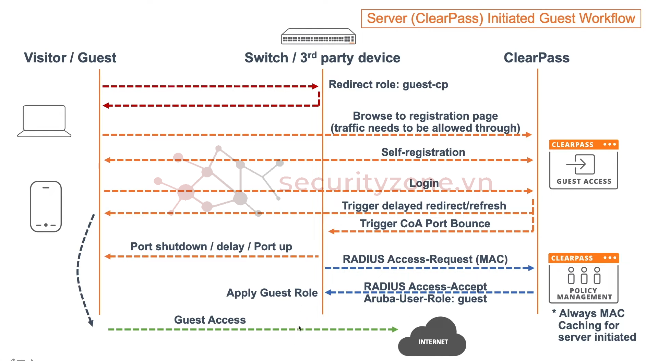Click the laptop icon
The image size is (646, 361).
(44, 121)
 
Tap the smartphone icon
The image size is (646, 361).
(46, 206)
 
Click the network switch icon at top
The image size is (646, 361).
(318, 36)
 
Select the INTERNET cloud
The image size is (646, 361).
(433, 338)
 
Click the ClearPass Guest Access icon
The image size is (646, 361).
(584, 165)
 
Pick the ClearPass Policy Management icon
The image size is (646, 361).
(584, 278)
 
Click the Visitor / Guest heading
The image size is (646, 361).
(70, 58)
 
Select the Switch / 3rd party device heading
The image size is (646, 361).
(322, 58)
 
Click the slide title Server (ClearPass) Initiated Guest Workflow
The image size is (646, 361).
(501, 19)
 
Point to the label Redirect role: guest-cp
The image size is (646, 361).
(388, 85)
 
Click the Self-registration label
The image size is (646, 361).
(423, 152)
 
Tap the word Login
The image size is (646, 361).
(424, 183)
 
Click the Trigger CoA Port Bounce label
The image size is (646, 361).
(425, 224)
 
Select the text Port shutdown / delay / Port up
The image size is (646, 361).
(211, 246)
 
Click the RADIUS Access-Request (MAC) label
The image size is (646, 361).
(425, 259)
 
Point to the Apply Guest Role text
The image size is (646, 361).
(272, 293)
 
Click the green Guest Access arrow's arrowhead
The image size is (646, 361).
(395, 329)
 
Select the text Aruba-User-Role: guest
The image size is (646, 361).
(425, 299)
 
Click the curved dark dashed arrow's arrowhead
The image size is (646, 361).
(91, 323)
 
